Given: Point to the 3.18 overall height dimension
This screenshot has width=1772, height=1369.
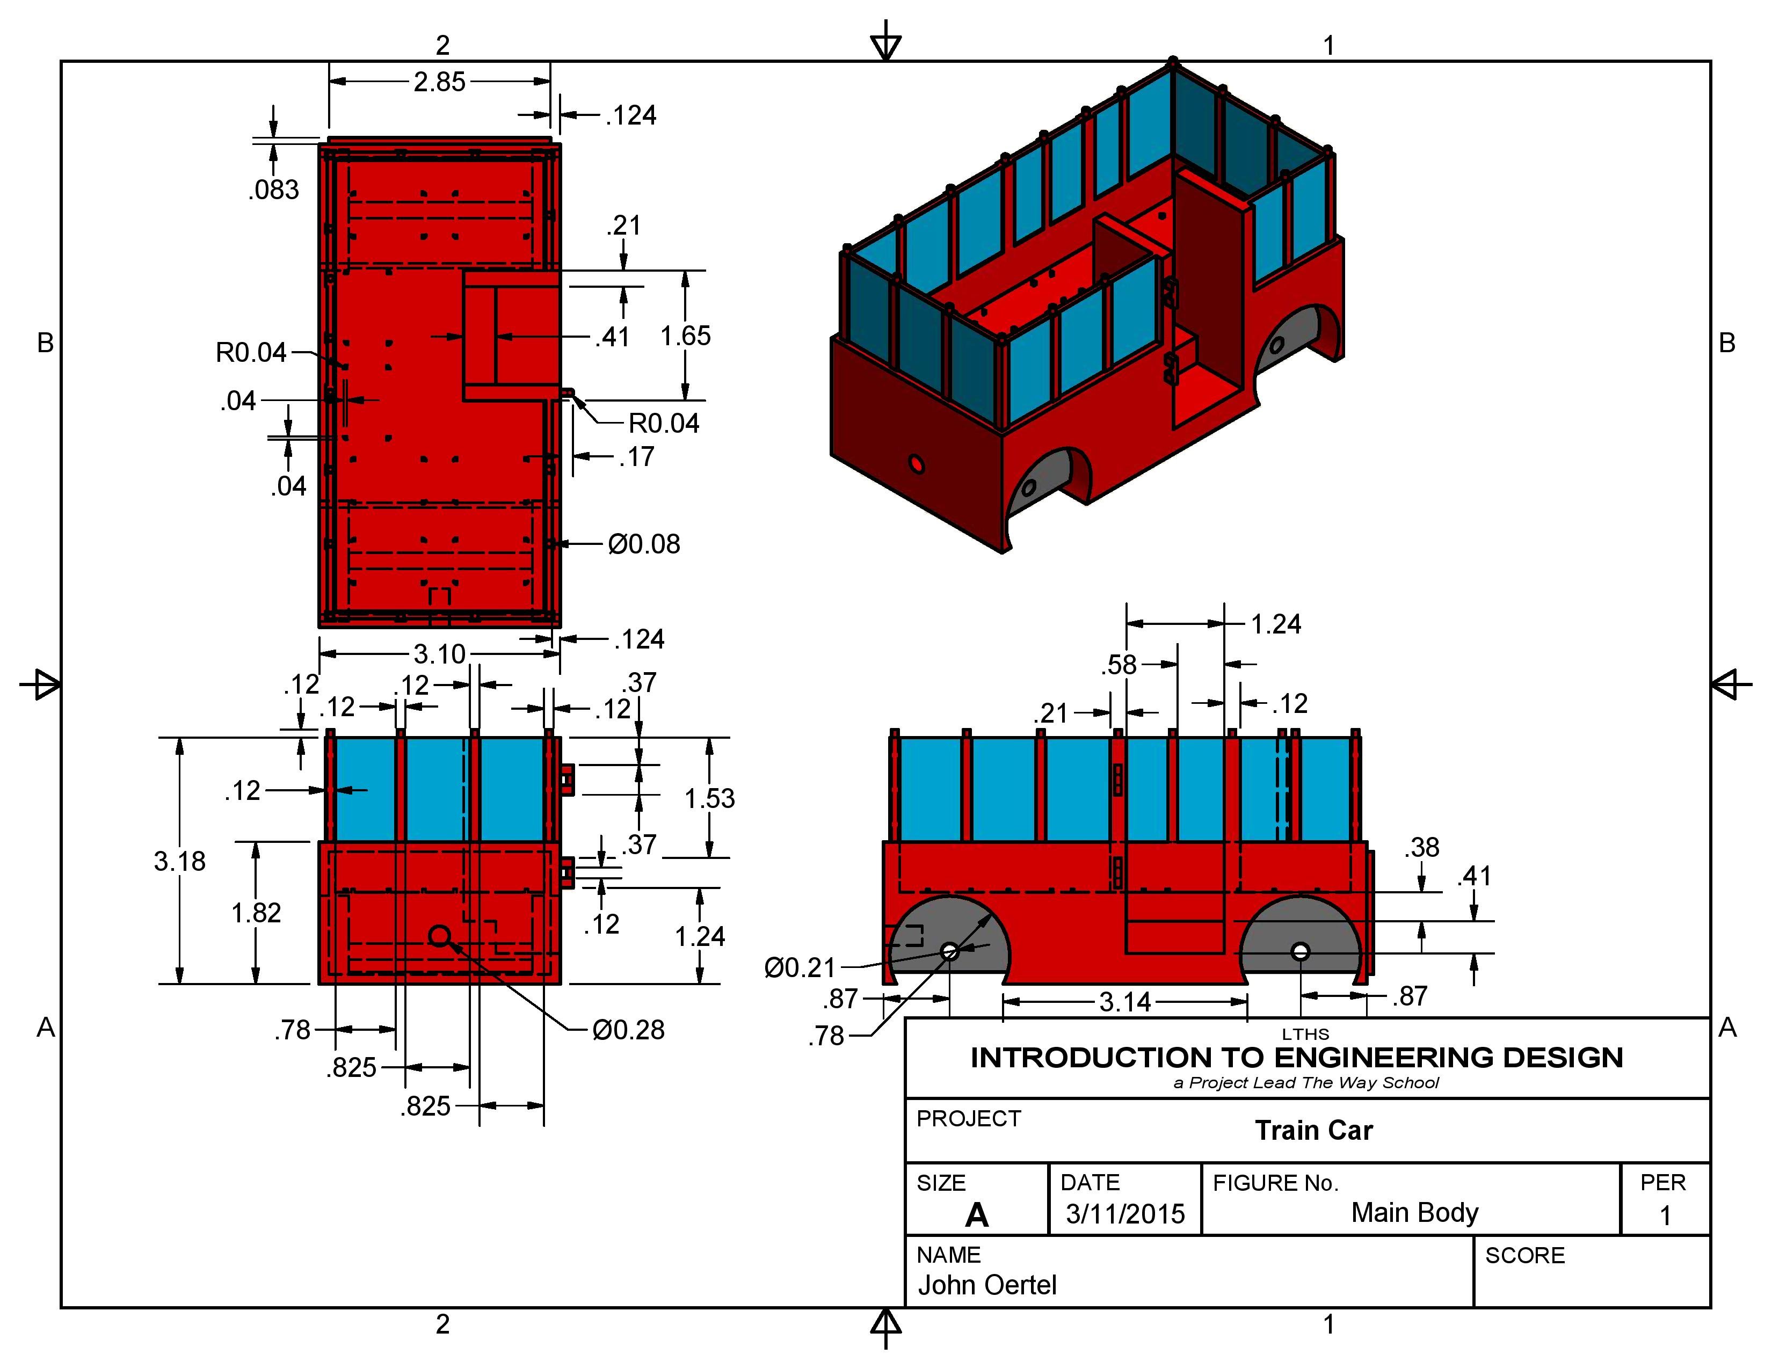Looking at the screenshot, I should point(179,861).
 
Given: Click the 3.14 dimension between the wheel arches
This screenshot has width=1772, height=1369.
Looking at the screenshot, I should point(1124,1002).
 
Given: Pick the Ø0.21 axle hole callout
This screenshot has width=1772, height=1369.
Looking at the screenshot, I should point(799,967).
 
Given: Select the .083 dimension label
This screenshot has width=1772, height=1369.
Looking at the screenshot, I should point(273,190).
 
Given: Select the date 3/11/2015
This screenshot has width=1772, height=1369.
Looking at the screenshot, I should point(1124,1214).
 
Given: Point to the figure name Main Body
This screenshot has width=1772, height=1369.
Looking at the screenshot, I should point(1414,1212).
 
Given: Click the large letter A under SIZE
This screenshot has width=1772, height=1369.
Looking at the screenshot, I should point(977,1215).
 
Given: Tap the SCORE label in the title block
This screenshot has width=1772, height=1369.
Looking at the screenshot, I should point(1524,1256).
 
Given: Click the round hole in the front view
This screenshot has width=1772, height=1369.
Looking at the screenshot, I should point(439,936).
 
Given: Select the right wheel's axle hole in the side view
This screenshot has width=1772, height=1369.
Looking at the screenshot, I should point(1300,951).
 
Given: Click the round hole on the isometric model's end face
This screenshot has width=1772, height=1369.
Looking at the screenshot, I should point(916,465).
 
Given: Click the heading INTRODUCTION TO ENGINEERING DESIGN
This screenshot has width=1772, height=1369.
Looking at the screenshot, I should point(1296,1058).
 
